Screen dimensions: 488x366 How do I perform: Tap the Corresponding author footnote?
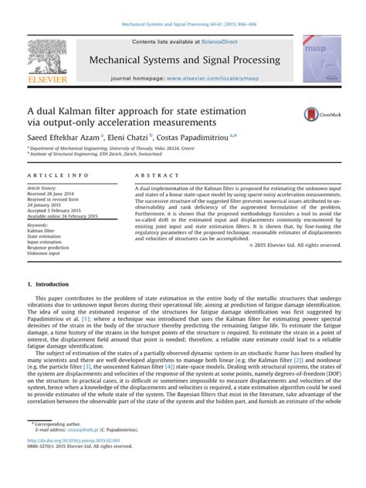(x=57, y=446)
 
